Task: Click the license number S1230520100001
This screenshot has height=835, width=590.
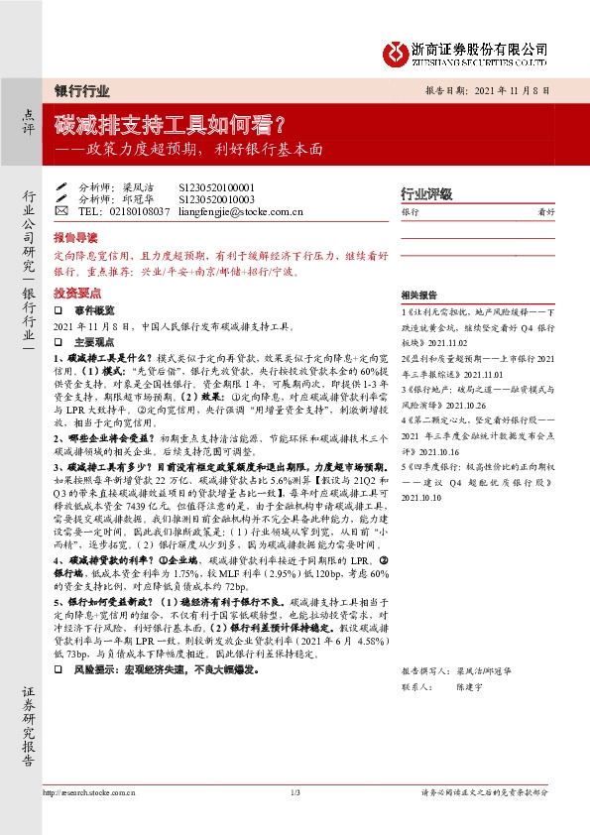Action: (217, 186)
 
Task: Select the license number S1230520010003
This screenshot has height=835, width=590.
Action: (217, 198)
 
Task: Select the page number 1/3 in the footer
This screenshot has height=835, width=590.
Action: (295, 792)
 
